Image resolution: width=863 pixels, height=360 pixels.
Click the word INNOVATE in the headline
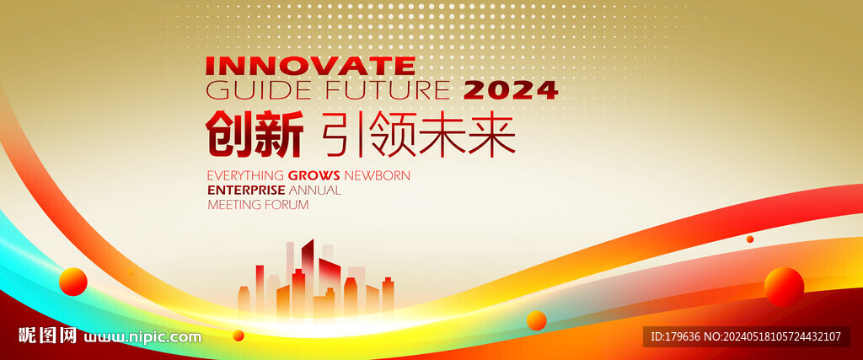click(310, 66)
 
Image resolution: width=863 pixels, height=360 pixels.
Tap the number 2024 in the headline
click(511, 90)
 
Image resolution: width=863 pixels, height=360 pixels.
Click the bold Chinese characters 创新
click(255, 134)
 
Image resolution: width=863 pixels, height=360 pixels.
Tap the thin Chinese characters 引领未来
click(417, 134)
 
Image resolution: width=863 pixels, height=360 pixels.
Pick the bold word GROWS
click(314, 175)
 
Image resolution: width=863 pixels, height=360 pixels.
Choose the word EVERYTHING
click(245, 175)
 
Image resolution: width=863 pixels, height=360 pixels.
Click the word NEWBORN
click(377, 175)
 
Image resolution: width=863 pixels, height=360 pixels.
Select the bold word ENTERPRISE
click(246, 191)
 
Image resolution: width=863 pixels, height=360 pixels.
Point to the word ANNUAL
click(315, 191)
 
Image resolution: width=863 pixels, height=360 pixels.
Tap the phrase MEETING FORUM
click(258, 205)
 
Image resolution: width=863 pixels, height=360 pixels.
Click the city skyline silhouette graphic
click(316, 279)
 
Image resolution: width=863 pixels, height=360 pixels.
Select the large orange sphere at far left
click(73, 282)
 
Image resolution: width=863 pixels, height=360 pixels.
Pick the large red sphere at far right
click(784, 287)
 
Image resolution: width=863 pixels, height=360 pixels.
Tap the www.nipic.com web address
click(142, 336)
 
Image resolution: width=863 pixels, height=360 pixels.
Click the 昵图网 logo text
click(47, 336)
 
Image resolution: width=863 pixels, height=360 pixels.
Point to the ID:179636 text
click(675, 336)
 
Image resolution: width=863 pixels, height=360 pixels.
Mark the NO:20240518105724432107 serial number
click(772, 336)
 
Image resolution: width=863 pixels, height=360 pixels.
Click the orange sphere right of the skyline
click(536, 320)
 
